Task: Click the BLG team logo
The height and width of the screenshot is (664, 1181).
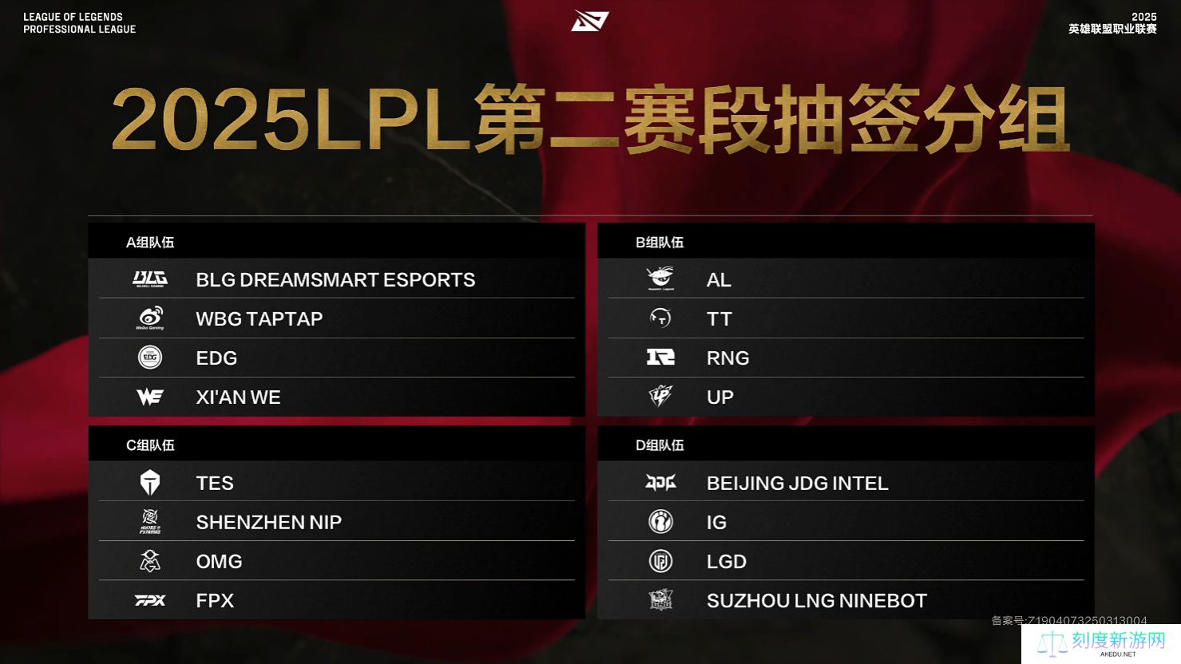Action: [x=150, y=279]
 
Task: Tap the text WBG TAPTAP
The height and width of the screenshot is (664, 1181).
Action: [x=259, y=318]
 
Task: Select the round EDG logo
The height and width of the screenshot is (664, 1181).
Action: [x=150, y=358]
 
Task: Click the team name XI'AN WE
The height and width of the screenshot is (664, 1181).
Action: [x=238, y=397]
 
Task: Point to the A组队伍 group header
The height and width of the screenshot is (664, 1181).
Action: [x=150, y=242]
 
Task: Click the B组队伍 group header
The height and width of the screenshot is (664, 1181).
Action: [x=660, y=242]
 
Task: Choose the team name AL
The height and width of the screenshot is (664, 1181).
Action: [x=719, y=280]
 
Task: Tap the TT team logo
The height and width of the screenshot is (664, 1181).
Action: [x=660, y=318]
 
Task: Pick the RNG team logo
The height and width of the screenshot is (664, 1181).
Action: [x=660, y=358]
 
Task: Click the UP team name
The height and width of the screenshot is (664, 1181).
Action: [x=719, y=397]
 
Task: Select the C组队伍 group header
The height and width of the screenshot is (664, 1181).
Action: [x=150, y=445]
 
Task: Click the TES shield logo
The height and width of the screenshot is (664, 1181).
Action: [x=150, y=483]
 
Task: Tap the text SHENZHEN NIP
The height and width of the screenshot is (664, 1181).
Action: [x=269, y=522]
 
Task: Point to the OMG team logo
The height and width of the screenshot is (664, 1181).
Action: [x=150, y=561]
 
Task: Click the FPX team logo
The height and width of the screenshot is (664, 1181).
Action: [x=150, y=600]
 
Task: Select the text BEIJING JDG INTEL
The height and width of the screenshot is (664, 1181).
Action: [x=797, y=484]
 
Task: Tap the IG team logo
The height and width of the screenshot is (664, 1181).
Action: [x=660, y=522]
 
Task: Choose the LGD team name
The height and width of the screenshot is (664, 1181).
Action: [x=726, y=561]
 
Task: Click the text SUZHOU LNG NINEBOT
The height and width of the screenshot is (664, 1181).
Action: [x=817, y=601]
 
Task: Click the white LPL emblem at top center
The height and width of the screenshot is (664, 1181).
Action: [x=590, y=21]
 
